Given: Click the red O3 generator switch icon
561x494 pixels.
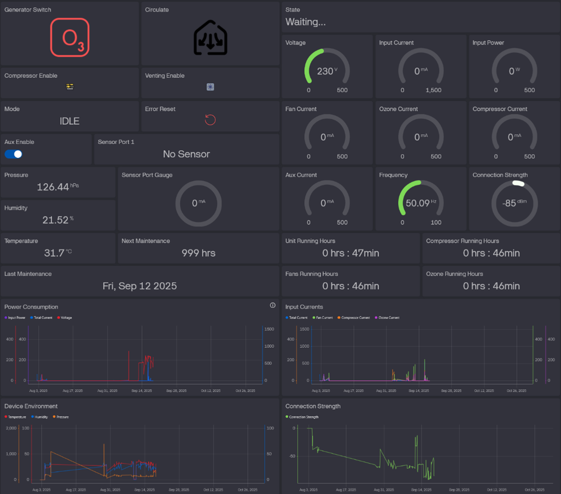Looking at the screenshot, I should coord(70,37).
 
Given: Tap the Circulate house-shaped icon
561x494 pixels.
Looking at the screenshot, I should coord(210,38).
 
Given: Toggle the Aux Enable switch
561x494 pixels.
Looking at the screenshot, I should coord(13,154).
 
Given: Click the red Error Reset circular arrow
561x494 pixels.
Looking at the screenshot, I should coord(210,120).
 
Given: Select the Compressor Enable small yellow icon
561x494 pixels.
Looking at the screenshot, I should coord(70,87).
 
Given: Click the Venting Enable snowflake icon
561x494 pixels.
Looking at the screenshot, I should coord(210,87).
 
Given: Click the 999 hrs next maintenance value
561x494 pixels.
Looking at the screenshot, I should coord(198,253).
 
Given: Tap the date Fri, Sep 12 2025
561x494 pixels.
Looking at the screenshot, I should coord(139,286).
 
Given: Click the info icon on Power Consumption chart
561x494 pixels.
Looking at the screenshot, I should coord(273,305).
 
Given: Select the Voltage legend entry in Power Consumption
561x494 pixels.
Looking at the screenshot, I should coord(65,317).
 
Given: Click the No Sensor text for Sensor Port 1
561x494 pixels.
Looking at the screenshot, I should coord(186,154).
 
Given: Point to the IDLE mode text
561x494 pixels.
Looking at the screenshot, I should coord(69,121).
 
